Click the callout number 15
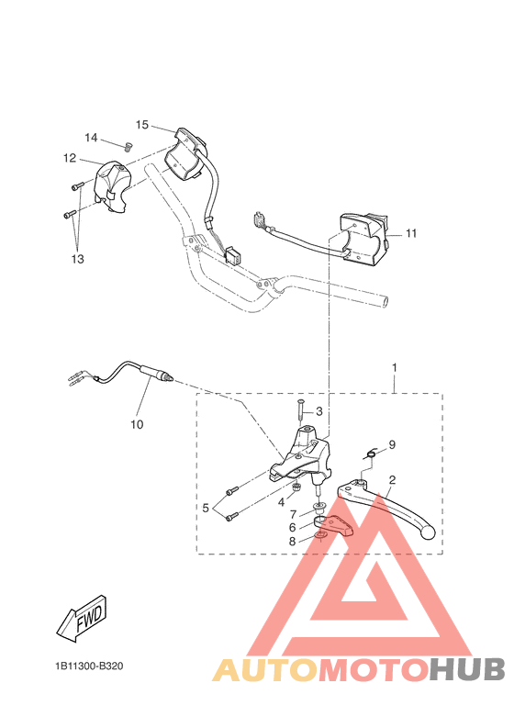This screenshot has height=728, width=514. tap(142, 125)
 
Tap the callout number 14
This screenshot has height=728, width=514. tap(91, 138)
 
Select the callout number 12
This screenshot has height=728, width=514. tap(70, 158)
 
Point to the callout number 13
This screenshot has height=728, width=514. tap(76, 260)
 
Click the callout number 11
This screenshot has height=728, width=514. tap(410, 233)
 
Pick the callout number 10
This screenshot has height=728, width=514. tap(138, 425)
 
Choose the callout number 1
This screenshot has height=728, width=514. tap(395, 367)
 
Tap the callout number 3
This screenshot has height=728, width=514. tap(319, 411)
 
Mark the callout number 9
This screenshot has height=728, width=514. tap(392, 444)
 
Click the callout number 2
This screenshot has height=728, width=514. tap(392, 480)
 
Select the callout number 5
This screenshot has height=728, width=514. tap(207, 507)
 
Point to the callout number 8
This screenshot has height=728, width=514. tap(292, 542)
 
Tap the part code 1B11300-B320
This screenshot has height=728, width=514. tap(88, 666)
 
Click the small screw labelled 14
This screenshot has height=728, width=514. tap(128, 145)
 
